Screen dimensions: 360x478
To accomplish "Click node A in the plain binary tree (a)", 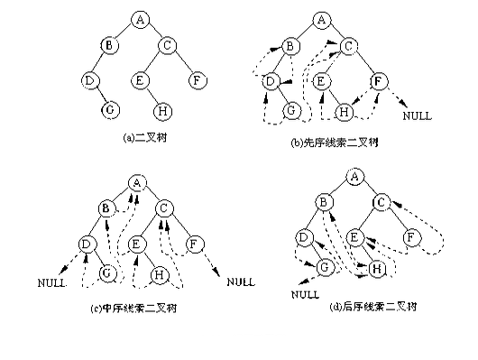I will pos(139,18).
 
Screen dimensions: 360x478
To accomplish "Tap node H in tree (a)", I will pos(162,112).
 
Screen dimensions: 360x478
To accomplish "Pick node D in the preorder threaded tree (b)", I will pos(269,82).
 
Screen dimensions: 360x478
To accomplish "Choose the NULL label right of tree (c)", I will pos(240,282).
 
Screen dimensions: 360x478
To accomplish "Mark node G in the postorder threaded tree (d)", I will pos(323,267).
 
